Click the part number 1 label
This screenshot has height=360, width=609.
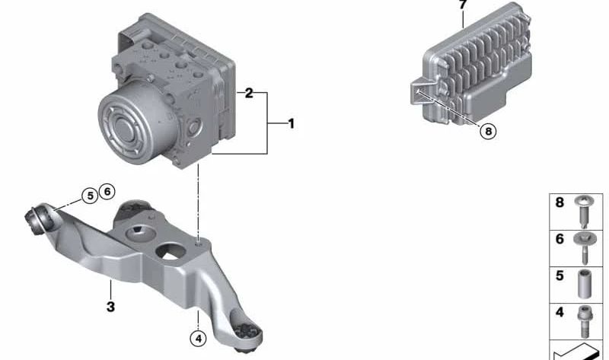point(290,123)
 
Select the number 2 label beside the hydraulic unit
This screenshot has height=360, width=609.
point(248,94)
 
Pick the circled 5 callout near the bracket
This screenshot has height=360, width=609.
point(90,196)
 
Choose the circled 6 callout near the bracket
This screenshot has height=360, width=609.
point(107,191)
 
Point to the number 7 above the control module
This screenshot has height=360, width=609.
point(462,5)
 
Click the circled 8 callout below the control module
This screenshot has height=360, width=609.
point(488,131)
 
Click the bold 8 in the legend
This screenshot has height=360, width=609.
point(560,203)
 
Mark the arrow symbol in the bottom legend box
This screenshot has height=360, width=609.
point(579,352)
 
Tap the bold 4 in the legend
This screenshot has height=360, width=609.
point(560,312)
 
